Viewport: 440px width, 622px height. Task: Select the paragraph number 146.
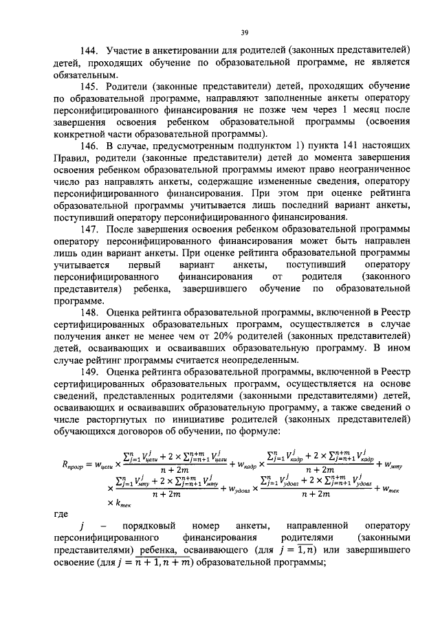[90, 147]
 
